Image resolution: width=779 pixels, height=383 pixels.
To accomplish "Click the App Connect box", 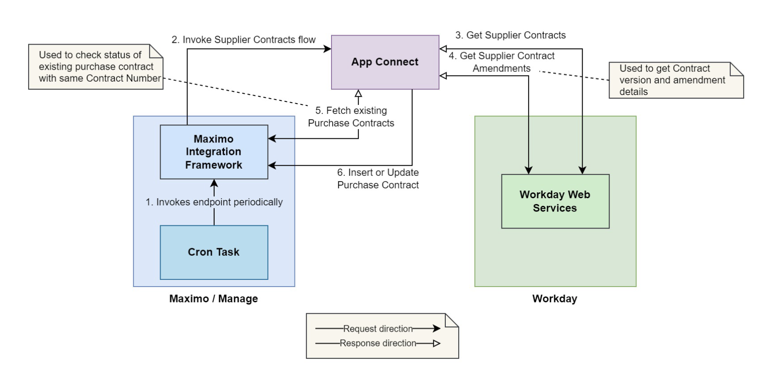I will tap(385, 62).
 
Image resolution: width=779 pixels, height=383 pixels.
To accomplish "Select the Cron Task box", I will tap(214, 252).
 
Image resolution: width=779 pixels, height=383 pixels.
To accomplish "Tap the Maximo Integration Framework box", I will tap(214, 152).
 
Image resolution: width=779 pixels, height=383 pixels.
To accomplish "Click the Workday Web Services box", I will tap(555, 201).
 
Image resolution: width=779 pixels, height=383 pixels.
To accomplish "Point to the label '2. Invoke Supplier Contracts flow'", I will tap(244, 40).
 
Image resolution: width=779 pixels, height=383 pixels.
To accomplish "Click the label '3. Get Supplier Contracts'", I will tap(510, 35).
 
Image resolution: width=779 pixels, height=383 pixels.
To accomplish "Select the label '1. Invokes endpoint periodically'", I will tap(214, 202).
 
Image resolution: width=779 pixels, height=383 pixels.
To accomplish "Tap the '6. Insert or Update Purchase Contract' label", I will tap(378, 179).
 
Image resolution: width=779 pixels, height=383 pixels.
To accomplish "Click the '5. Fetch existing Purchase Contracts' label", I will tap(351, 117).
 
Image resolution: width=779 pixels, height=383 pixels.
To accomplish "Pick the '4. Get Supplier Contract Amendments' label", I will tap(502, 62).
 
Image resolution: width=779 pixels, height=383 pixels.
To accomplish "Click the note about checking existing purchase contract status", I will tap(95, 67).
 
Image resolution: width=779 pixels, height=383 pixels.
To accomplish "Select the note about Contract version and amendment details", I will tap(675, 80).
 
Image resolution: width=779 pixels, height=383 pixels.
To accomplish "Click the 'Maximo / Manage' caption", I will tap(213, 299).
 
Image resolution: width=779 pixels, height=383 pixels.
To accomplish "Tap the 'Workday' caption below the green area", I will tap(555, 299).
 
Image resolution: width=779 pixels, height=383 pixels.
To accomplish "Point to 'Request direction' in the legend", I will tap(378, 329).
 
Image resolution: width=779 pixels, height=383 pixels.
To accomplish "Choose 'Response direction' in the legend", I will tap(378, 343).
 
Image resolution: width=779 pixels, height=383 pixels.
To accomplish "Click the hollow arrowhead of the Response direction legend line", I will tap(437, 343).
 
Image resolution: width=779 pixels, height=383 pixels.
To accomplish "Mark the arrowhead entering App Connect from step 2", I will tap(327, 49).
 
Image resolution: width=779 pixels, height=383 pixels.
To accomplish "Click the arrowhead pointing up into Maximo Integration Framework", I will tap(214, 183).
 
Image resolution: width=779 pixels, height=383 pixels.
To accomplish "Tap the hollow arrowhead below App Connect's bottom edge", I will tap(358, 94).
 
